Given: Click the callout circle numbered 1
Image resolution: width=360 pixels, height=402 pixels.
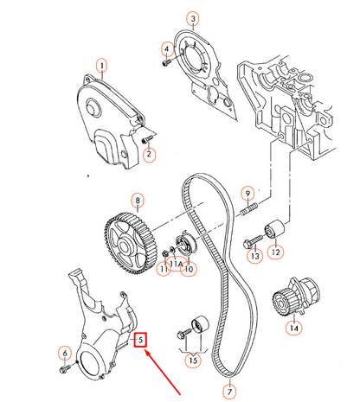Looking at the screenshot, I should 102,66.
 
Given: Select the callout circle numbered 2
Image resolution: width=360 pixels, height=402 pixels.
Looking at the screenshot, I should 148,155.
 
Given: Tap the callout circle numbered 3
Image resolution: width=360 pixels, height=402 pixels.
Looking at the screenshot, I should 193,18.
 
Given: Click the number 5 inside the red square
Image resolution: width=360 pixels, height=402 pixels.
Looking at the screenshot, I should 138,340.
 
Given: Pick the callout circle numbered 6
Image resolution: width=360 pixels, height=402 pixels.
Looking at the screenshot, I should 63,352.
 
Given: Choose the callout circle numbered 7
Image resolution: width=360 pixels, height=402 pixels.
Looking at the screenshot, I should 229,391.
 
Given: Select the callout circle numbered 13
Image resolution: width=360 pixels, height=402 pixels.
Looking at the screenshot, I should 254,257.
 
